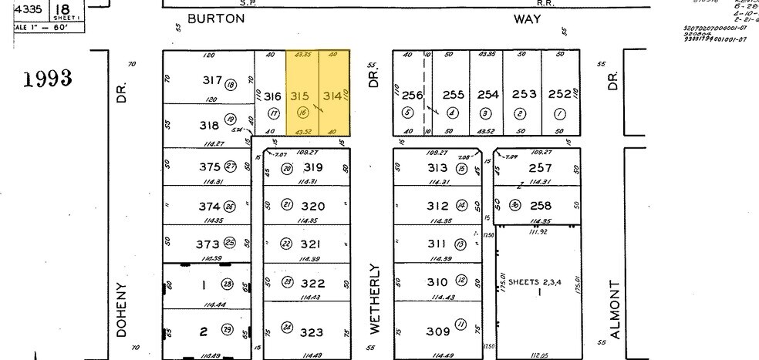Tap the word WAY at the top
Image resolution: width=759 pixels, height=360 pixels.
coord(527,18)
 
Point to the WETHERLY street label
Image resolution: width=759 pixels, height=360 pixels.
coord(375,298)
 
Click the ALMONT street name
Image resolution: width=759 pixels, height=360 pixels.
coord(615,308)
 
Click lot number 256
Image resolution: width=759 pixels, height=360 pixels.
coord(413,95)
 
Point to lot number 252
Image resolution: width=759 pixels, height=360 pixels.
coord(559,94)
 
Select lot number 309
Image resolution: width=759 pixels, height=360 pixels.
coord(437,331)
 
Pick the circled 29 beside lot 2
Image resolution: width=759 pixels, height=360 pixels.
coord(228,331)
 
